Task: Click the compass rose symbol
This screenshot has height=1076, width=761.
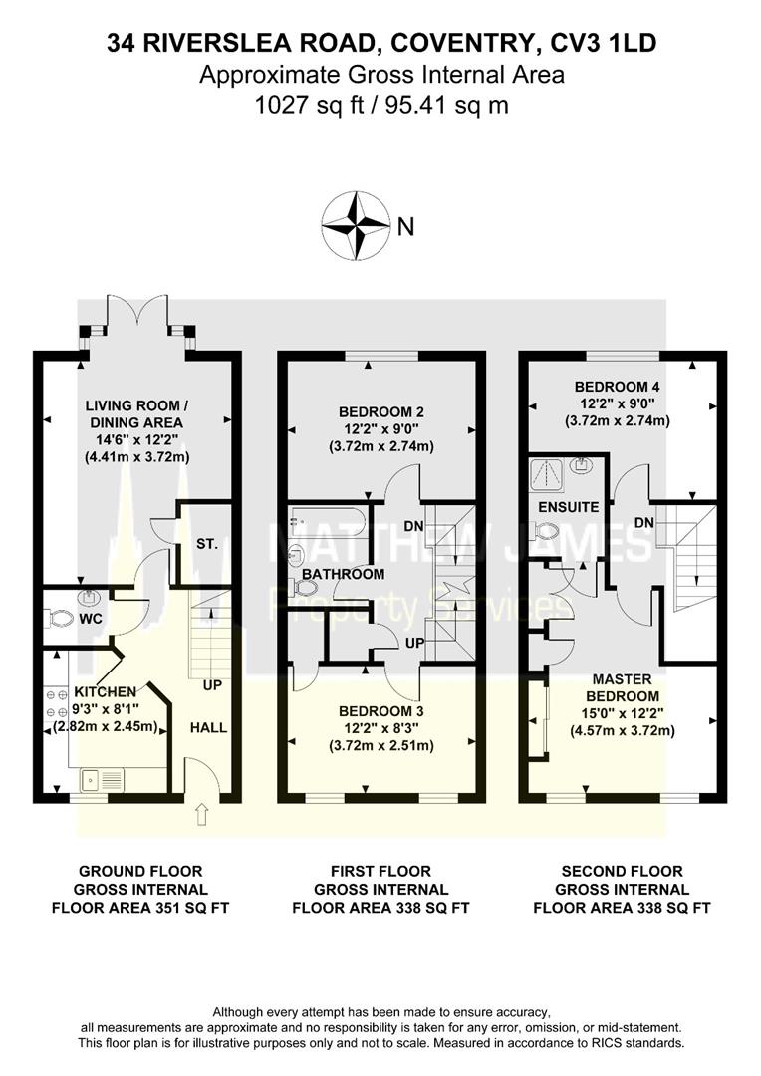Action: click(355, 225)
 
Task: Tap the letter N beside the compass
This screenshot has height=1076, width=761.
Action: click(405, 227)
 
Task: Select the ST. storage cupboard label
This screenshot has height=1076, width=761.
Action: click(207, 545)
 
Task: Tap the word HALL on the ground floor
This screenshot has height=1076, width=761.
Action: click(207, 728)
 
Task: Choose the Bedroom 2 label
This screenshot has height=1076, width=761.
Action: click(381, 412)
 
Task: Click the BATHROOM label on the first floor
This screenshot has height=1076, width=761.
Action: click(344, 575)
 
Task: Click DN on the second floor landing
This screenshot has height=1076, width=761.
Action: click(644, 523)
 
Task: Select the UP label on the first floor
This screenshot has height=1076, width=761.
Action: click(415, 646)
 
